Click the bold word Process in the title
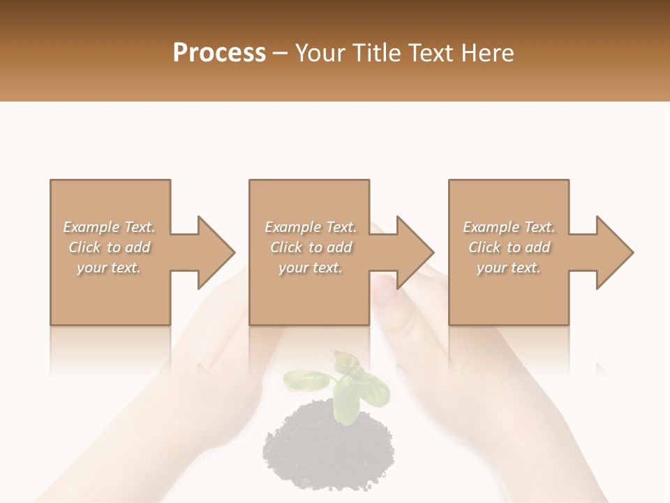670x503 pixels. pyautogui.click(x=219, y=52)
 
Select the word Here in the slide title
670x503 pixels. pyautogui.click(x=487, y=52)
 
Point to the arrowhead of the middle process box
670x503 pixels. pyautogui.click(x=415, y=252)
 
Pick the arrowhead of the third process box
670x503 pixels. pyautogui.click(x=615, y=252)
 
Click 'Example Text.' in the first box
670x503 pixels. pyautogui.click(x=109, y=227)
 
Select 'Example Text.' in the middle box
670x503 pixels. pyautogui.click(x=310, y=227)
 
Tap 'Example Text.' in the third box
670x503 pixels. pyautogui.click(x=509, y=227)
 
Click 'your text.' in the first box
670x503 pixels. pyautogui.click(x=109, y=268)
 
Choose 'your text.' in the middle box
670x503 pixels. pyautogui.click(x=310, y=268)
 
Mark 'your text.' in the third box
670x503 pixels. pyautogui.click(x=509, y=268)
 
